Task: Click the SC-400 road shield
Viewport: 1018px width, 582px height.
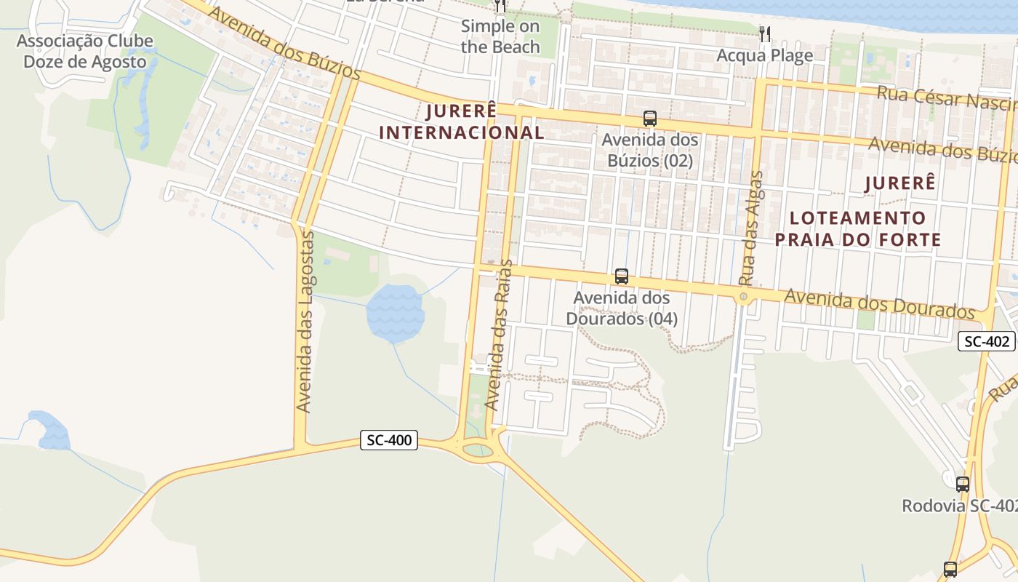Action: point(389,439)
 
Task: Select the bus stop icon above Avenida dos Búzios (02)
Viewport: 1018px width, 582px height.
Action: point(650,118)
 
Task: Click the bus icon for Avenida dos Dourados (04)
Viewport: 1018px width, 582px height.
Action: point(622,276)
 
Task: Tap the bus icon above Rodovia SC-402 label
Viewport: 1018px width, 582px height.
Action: point(963,484)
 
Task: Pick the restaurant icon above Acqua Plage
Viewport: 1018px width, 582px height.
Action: point(764,33)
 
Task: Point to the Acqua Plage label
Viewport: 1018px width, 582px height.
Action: point(764,55)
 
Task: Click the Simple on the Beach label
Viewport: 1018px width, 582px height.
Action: point(500,37)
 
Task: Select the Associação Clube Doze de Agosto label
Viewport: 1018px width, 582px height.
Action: point(84,51)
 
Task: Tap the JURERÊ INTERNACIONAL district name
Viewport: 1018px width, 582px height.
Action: point(462,121)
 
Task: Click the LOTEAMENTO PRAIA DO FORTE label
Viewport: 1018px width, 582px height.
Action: point(858,228)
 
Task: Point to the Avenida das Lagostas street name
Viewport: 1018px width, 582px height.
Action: point(305,322)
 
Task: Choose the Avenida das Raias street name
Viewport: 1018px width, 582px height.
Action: point(498,335)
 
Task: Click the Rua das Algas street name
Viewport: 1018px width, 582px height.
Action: point(752,228)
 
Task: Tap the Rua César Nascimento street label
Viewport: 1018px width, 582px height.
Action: point(945,98)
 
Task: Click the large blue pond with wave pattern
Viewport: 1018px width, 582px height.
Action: point(394,314)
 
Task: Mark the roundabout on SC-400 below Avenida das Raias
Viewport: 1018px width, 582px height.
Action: point(477,449)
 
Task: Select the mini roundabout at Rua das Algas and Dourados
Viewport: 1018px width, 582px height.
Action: point(742,297)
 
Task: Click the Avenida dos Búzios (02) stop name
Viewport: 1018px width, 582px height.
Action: point(650,150)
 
